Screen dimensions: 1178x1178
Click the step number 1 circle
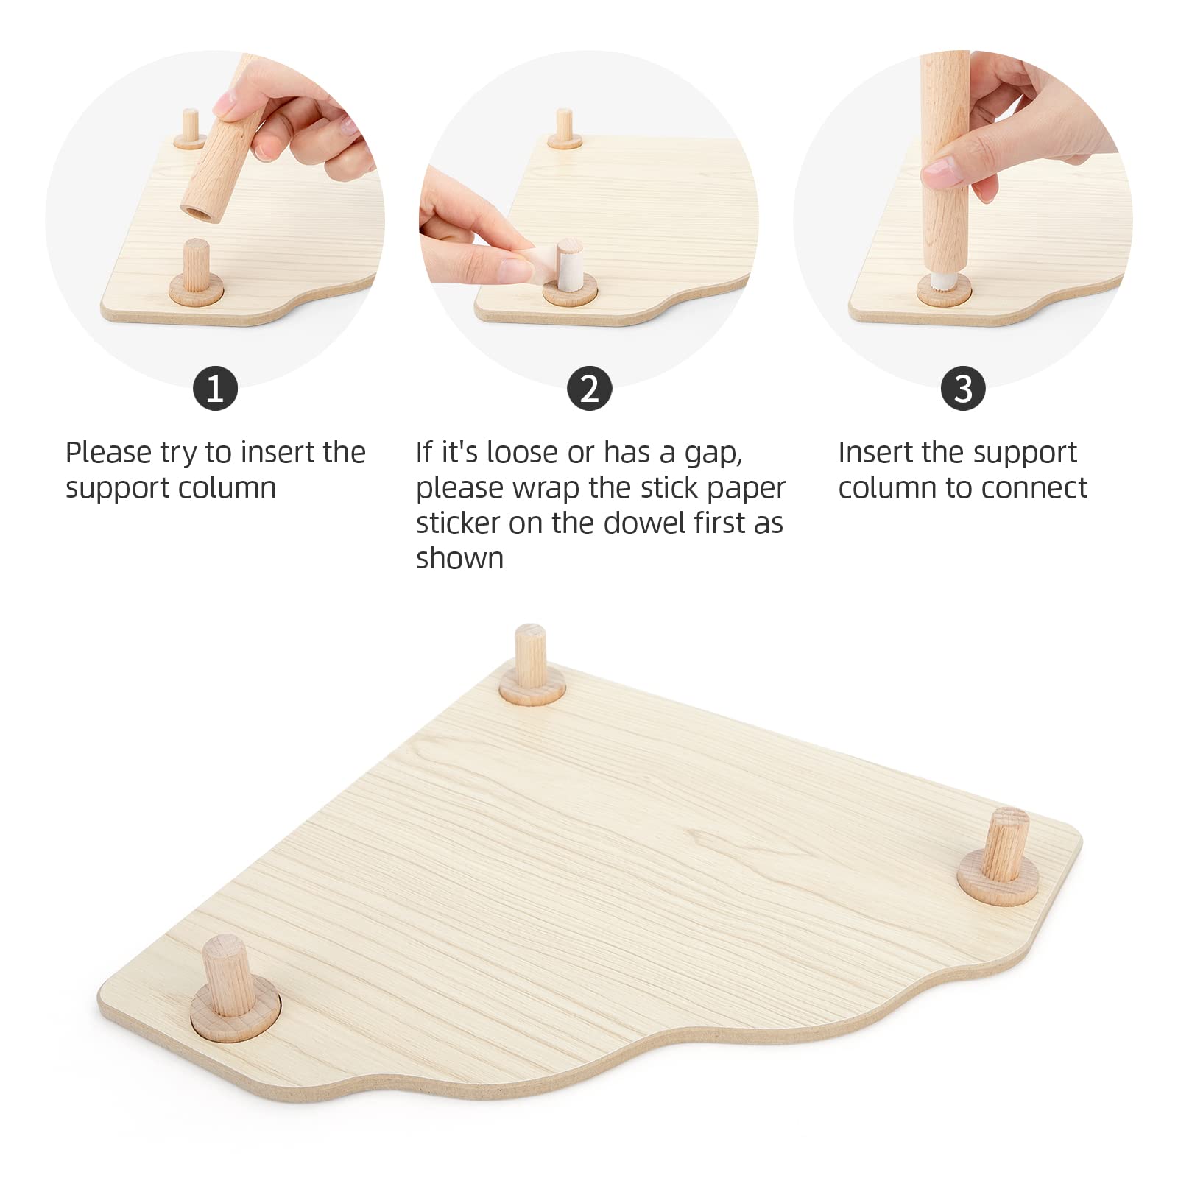point(215,388)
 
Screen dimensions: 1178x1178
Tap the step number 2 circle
point(589,388)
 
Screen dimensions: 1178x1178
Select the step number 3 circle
point(962,388)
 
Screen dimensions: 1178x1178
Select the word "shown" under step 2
point(459,559)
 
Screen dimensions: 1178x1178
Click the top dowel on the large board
point(531,655)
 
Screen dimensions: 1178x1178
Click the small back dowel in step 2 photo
point(565,127)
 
